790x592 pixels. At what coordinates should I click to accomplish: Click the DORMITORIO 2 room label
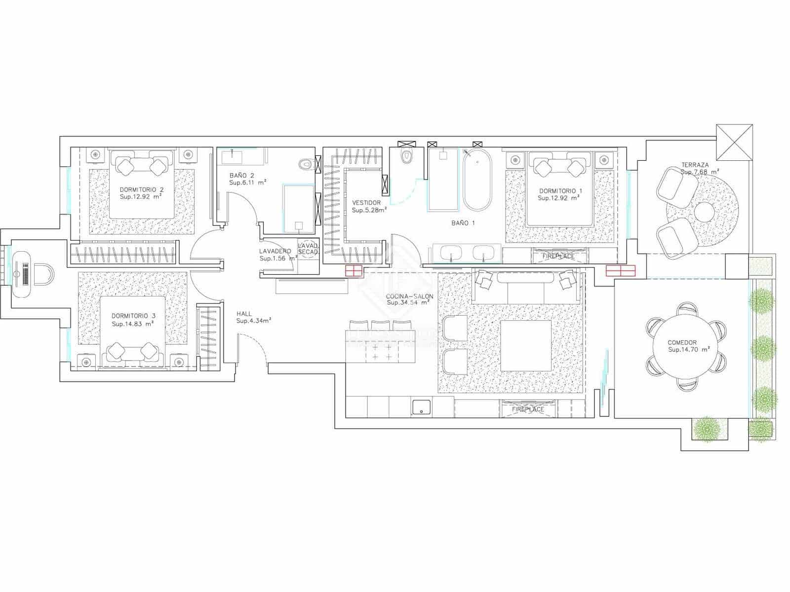(x=141, y=189)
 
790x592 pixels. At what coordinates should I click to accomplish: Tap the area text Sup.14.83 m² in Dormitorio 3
(x=132, y=324)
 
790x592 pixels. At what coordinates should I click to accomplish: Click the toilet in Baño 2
(x=306, y=163)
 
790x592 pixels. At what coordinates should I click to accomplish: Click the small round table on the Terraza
(x=704, y=212)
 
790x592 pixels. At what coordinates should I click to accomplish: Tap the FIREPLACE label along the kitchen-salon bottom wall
(x=528, y=409)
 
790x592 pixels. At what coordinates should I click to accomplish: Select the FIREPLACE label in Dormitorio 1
(x=558, y=257)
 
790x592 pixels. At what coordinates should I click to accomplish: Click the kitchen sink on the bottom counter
(x=421, y=407)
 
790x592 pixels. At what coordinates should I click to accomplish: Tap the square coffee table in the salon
(x=526, y=346)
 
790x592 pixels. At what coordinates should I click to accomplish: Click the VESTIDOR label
(x=366, y=203)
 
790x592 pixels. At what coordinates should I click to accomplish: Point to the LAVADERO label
(x=275, y=251)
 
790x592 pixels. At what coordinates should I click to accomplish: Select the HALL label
(x=244, y=314)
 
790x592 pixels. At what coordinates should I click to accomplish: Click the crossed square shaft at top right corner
(x=734, y=142)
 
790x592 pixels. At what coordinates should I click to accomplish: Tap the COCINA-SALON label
(x=410, y=296)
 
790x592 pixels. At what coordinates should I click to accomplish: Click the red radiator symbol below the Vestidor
(x=354, y=270)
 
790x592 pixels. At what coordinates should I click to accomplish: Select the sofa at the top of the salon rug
(x=525, y=286)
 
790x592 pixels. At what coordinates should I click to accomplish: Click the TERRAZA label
(x=695, y=165)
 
